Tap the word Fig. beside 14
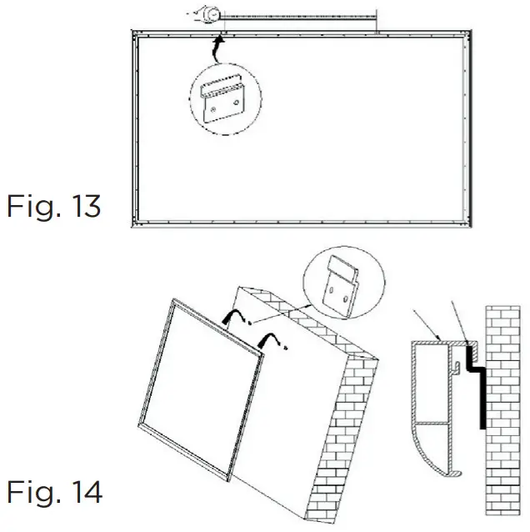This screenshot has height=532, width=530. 32,492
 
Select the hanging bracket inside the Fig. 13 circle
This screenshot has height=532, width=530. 226,103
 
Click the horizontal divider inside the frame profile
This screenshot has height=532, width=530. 433,423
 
